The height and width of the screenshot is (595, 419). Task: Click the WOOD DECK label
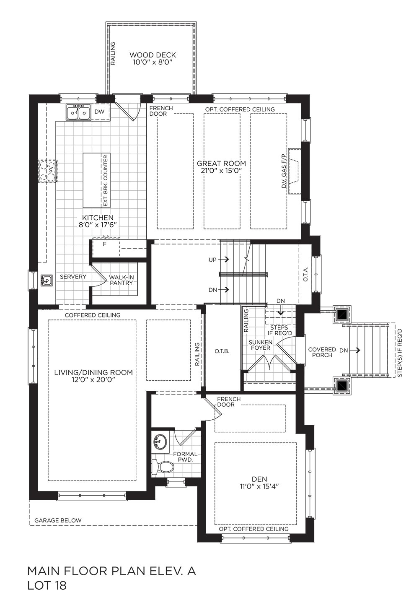pos(153,55)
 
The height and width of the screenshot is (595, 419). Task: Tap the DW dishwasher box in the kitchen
pos(99,112)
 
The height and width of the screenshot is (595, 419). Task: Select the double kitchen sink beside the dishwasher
pos(79,113)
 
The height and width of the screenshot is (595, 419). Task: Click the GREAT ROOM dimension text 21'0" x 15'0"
pos(221,171)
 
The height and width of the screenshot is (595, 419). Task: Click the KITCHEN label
pos(98,218)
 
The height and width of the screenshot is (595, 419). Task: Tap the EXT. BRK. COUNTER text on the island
pos(106,180)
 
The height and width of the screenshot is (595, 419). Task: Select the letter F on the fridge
pos(104,244)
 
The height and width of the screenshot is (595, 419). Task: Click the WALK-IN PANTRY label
pos(121,280)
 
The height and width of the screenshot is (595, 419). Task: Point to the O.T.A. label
pos(305,274)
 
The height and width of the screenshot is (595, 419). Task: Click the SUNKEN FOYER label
pos(260,345)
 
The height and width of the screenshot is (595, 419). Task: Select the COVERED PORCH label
pos(322,352)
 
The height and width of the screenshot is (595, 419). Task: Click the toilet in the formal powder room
pos(163,467)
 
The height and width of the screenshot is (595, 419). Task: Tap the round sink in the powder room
pos(159,442)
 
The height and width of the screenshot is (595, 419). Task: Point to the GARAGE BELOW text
pos(58,520)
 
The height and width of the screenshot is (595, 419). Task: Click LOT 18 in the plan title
pos(47,585)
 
